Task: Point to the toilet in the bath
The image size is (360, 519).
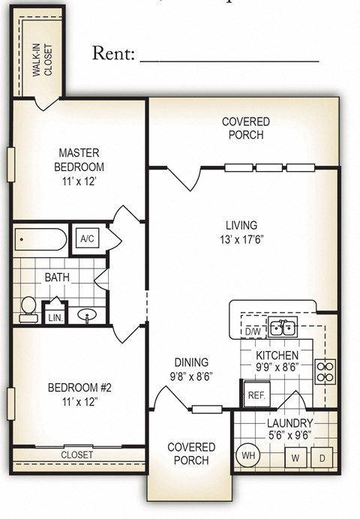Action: click(x=28, y=308)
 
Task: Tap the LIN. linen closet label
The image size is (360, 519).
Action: click(x=55, y=318)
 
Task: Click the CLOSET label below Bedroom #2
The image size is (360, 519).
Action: click(x=76, y=454)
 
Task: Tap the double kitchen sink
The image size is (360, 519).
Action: click(x=282, y=327)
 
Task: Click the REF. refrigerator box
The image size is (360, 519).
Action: click(x=256, y=394)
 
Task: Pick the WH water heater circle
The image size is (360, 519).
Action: click(x=247, y=454)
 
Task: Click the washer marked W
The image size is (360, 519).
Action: click(x=295, y=457)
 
